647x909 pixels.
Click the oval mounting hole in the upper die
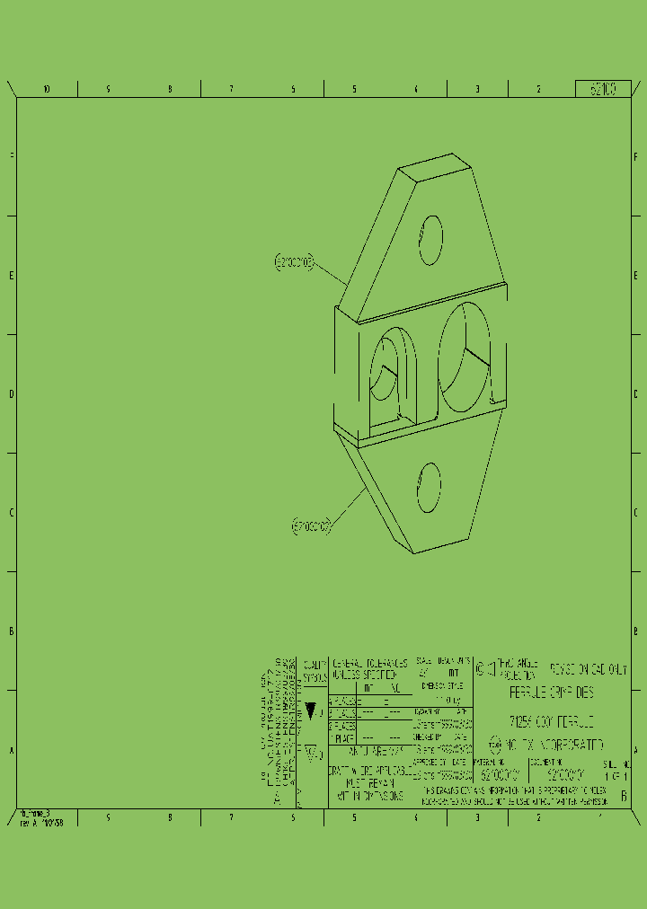(x=430, y=239)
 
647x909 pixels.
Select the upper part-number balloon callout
(x=294, y=262)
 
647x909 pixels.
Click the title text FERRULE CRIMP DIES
(x=551, y=693)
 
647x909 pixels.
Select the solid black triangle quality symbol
(x=311, y=710)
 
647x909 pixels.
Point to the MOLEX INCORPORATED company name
(x=554, y=745)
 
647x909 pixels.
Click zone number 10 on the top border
(x=46, y=89)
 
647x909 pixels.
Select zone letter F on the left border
(x=11, y=156)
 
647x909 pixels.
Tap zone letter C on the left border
(x=11, y=512)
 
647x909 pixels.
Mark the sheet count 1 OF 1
(x=616, y=774)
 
